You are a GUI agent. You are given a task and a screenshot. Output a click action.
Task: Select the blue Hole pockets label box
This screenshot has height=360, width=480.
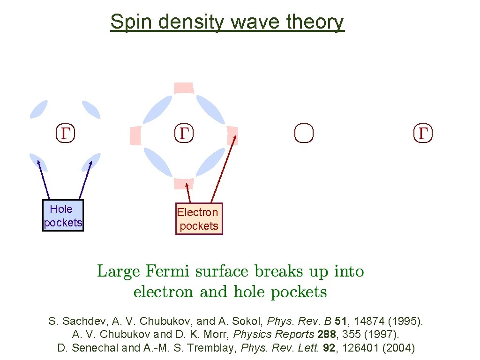[x=63, y=216]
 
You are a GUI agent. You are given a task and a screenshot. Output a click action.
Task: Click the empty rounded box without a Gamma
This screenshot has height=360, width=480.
[x=304, y=133]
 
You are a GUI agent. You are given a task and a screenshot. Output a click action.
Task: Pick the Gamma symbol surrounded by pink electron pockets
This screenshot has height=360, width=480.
[x=184, y=133]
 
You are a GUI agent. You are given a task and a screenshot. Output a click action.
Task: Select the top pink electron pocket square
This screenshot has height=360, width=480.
[x=184, y=88]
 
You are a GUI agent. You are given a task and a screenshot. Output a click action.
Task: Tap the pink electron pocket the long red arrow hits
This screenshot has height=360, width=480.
[x=232, y=135]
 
